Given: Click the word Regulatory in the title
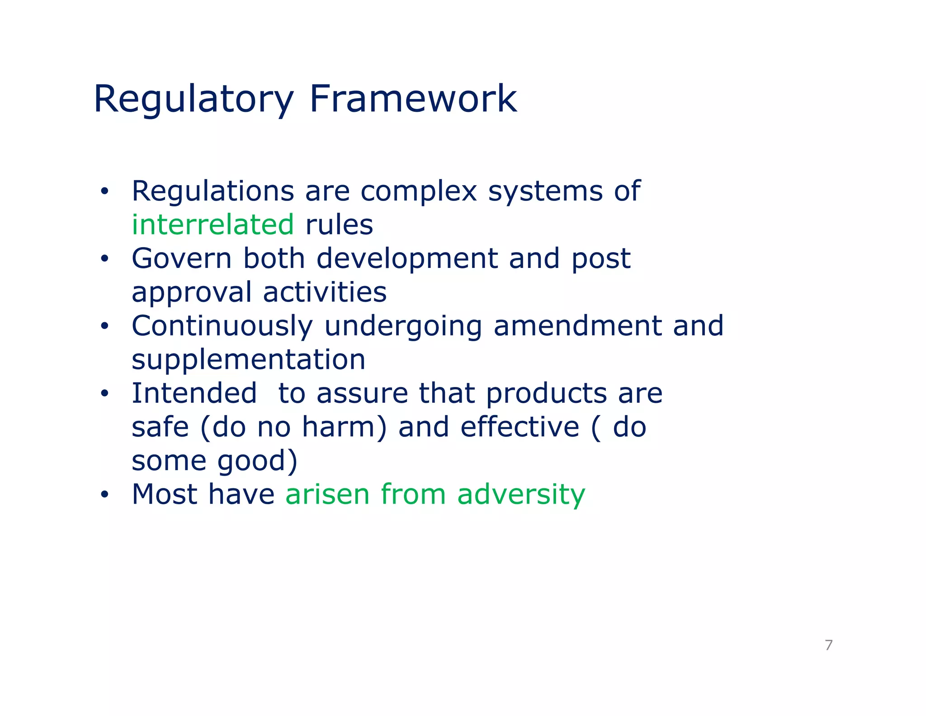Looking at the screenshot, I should (x=194, y=100).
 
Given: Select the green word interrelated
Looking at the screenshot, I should (x=213, y=224).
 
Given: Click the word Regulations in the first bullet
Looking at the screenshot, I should (x=213, y=191).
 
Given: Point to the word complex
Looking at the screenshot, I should (x=419, y=192).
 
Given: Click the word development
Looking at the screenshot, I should (x=407, y=258).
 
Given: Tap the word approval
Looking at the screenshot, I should (x=191, y=293).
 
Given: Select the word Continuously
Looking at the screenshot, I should (x=222, y=326).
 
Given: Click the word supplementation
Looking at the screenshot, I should (x=248, y=359).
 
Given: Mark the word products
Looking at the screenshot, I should (x=546, y=394).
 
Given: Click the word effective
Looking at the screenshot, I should (x=520, y=427).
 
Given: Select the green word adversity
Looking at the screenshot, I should (x=521, y=494).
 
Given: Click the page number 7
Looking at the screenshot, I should (x=828, y=645).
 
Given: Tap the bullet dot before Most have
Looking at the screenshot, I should (x=105, y=495).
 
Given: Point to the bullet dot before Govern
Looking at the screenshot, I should (x=105, y=259).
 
